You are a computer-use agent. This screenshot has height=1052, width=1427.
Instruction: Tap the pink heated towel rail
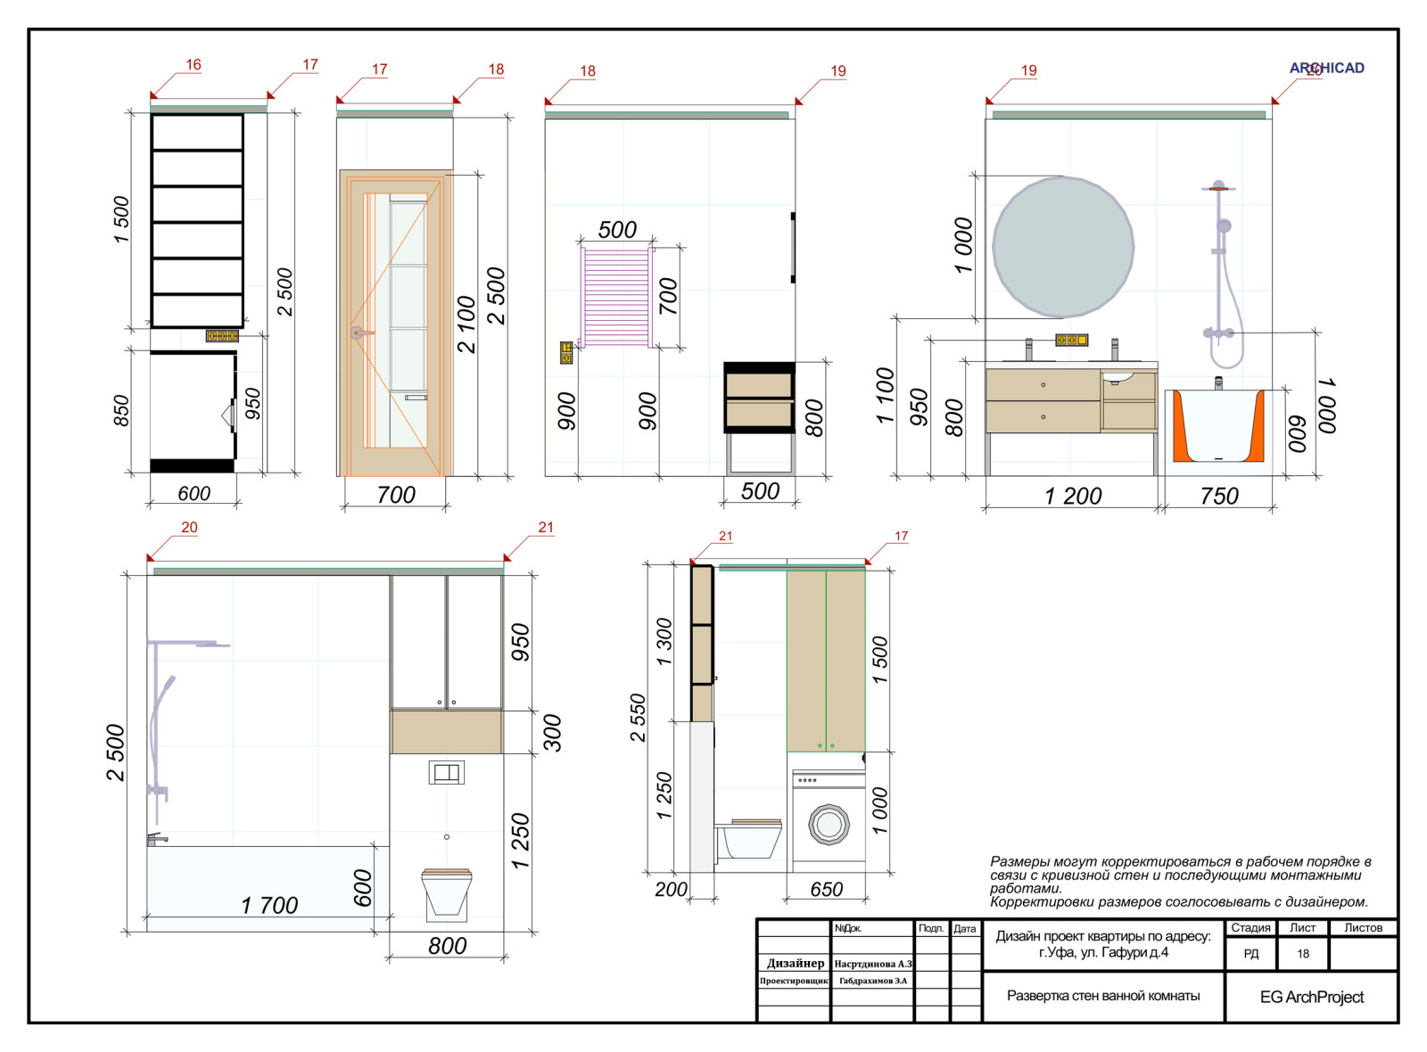(x=617, y=298)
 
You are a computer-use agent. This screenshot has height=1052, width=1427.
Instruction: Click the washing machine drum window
(x=829, y=825)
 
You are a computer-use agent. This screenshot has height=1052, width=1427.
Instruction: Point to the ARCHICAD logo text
(x=1326, y=68)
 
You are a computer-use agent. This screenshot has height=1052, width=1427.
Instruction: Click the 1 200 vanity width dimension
(x=1073, y=496)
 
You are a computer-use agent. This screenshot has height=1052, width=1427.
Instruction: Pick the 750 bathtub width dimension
(x=1218, y=496)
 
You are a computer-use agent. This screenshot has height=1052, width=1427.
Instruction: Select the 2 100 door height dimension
(x=466, y=325)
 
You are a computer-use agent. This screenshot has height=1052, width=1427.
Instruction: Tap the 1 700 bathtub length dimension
(x=269, y=905)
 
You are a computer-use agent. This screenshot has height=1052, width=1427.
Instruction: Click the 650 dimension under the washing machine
(x=826, y=889)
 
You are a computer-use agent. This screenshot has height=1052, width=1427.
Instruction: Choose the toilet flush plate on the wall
(x=446, y=772)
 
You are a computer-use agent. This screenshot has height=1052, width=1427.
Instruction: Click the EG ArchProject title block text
(x=1312, y=998)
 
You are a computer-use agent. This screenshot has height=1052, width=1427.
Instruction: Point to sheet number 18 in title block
(x=1303, y=954)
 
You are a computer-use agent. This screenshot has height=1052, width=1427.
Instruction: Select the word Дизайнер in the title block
(x=795, y=963)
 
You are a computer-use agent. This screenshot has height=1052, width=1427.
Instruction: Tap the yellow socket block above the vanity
(x=1071, y=340)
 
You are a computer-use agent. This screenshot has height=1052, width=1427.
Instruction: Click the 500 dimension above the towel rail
(x=617, y=230)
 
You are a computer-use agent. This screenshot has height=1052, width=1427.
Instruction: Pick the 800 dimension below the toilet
(x=447, y=946)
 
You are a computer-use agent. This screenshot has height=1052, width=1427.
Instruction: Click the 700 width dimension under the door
(x=396, y=495)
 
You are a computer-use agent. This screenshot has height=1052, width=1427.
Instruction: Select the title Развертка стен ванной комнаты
(x=1102, y=996)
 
